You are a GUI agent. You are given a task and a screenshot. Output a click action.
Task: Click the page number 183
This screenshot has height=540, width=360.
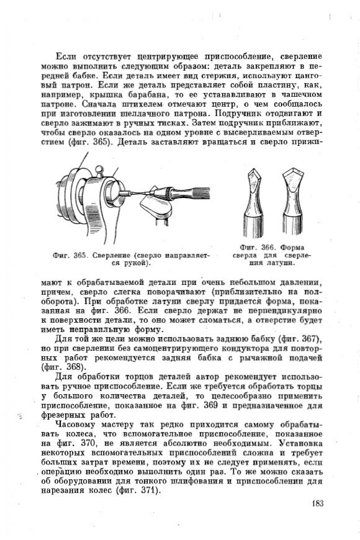[318, 503]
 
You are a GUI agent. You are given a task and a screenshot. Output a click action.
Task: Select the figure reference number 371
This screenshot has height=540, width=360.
[150, 490]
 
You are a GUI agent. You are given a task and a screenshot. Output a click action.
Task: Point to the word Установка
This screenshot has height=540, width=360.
[302, 443]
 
